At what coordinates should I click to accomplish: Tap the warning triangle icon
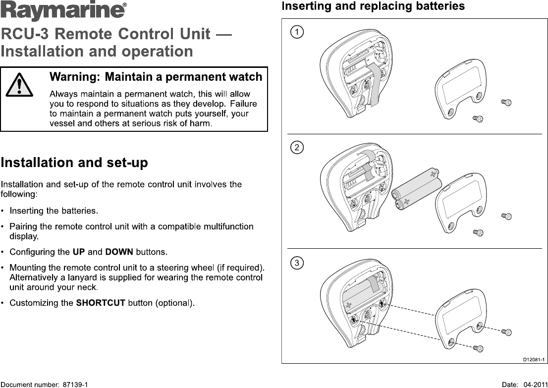(20, 85)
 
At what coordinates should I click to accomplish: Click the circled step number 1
(297, 33)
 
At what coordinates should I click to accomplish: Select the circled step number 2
(297, 148)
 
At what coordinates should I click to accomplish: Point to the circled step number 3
(297, 263)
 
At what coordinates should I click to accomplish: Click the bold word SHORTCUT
(101, 303)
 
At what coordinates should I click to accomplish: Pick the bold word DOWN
(119, 252)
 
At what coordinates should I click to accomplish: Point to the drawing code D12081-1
(534, 359)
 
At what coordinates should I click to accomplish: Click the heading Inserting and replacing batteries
(373, 6)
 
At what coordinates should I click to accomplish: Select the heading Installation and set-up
(74, 163)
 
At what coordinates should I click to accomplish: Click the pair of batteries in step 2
(415, 190)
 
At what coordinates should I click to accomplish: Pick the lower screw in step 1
(478, 118)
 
